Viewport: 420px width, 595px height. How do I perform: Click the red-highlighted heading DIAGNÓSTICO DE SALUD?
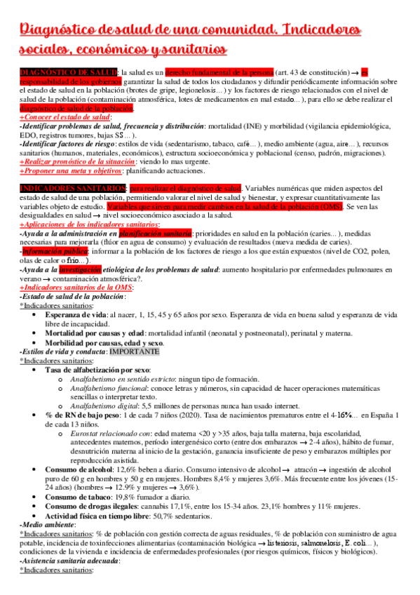[x=69, y=72]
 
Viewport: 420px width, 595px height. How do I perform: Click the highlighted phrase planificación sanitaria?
[x=155, y=233]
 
